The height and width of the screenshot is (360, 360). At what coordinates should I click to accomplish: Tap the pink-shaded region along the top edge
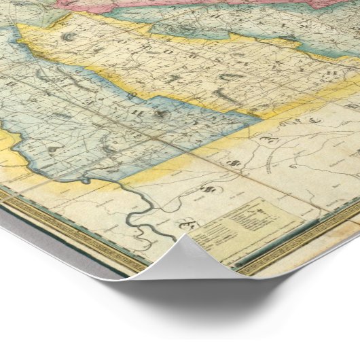coord(204,5)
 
